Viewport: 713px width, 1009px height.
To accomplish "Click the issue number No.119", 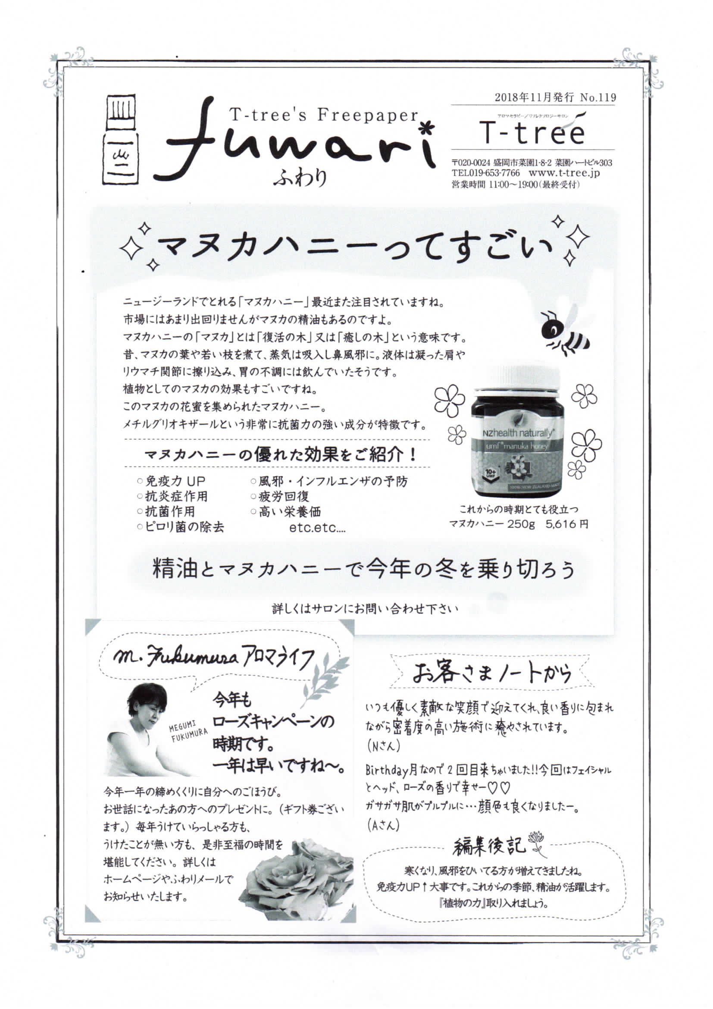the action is click(x=598, y=97).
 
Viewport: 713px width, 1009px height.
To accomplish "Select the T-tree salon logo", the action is click(x=532, y=130).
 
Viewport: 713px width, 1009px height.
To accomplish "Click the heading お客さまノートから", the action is click(x=492, y=673).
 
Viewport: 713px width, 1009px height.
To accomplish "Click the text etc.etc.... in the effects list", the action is click(x=317, y=527).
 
